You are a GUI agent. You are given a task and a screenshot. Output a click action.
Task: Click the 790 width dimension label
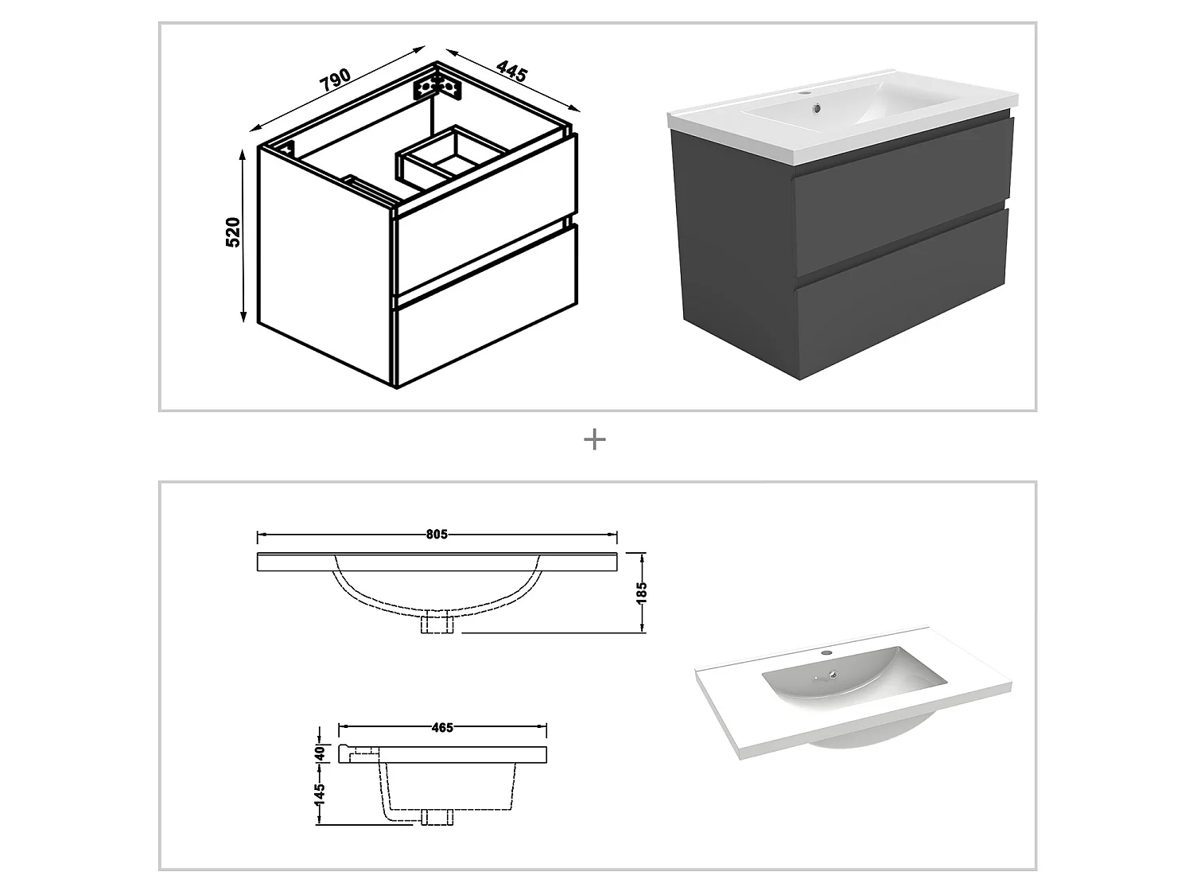[335, 79]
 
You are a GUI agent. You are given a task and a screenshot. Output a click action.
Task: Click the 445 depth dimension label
[512, 71]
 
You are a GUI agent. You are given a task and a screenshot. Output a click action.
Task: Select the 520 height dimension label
[233, 232]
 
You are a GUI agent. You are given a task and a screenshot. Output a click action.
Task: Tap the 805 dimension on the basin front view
[437, 535]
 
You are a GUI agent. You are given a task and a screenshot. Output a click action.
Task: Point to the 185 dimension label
[642, 592]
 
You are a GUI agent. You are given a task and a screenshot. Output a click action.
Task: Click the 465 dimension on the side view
[442, 727]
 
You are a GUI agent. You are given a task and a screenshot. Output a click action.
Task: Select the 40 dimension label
[320, 751]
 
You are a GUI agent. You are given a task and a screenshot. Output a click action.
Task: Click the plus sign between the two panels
[595, 439]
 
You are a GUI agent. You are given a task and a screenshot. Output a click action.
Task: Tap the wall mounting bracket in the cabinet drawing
[437, 87]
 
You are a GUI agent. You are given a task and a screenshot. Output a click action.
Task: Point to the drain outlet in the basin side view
[437, 817]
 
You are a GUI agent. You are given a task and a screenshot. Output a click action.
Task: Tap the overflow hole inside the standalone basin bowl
[833, 675]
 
